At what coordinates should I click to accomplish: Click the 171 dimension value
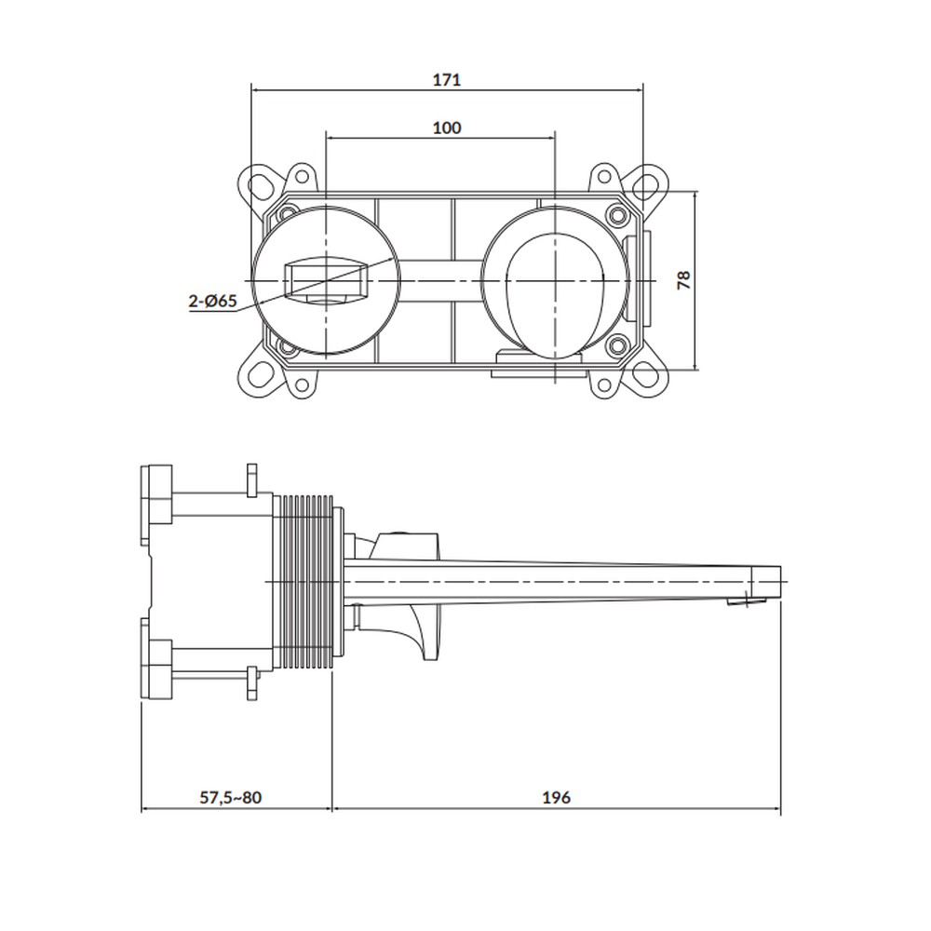point(447,79)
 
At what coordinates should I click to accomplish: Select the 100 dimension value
point(447,128)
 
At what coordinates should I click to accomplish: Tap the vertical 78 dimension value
point(684,279)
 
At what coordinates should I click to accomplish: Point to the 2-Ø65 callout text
point(212,301)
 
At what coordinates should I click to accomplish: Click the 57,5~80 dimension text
point(230,798)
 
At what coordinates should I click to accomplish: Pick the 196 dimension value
point(556,798)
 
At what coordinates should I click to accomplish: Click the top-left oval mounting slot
point(260,186)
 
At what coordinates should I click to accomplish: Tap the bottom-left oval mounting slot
point(260,375)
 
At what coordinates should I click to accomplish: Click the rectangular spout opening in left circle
point(325,279)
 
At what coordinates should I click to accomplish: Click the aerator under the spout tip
point(747,602)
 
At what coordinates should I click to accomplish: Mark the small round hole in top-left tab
point(303,176)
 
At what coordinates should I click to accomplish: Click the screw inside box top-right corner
point(617,214)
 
